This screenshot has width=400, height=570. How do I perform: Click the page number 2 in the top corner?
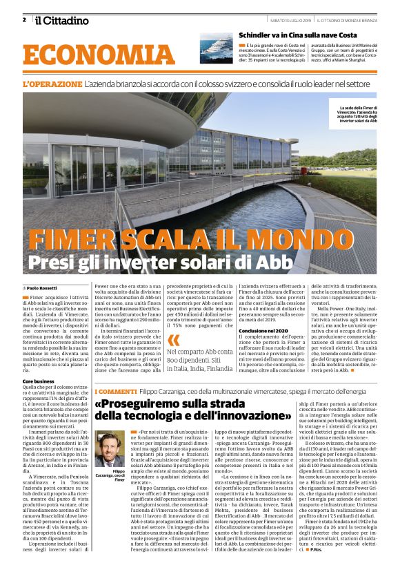[x=24, y=19]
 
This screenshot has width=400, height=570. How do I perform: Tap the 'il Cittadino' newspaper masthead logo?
[x=62, y=20]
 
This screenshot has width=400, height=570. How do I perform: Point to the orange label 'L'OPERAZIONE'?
[x=52, y=84]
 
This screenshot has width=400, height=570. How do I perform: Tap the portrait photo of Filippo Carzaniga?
[x=110, y=449]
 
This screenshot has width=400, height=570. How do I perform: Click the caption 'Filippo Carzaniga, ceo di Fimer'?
[x=110, y=477]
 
